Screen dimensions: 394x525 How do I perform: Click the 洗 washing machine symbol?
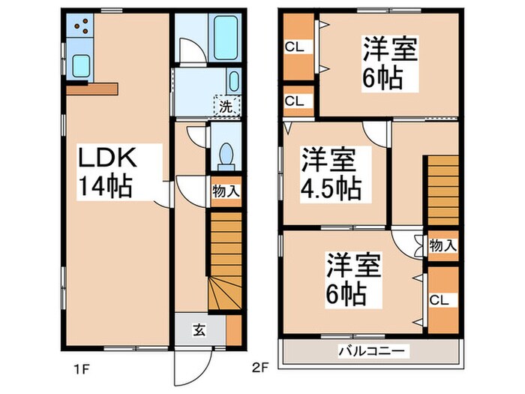[225, 106]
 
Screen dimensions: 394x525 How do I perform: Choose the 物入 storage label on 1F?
[226, 191]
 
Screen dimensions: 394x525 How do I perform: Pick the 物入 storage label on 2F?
[442, 245]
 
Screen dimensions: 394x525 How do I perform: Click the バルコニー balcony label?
[370, 350]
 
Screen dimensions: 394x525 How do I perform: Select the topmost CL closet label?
[294, 47]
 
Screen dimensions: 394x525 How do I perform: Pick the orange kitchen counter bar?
[91, 88]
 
